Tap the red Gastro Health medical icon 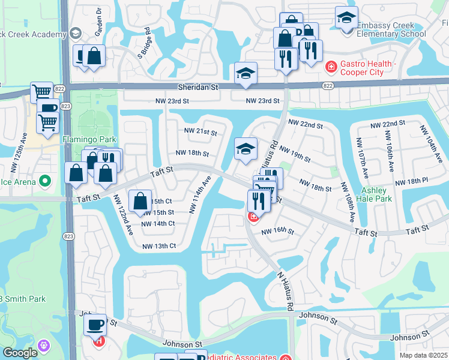330,65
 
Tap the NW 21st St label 200,131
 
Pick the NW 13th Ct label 159,246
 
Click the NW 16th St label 277,231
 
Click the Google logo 19,353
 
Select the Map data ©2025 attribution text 416,355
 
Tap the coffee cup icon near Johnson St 95,325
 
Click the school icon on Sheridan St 246,73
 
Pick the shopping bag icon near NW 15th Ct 140,202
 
